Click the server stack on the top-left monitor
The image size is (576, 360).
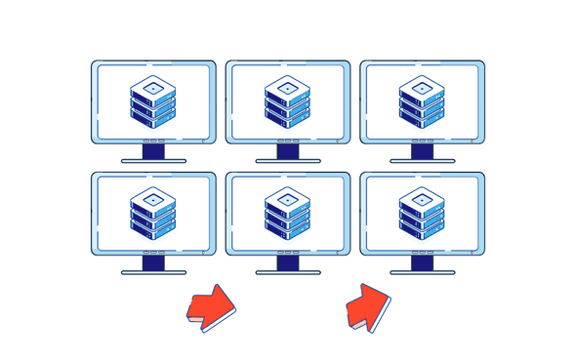coord(153,102)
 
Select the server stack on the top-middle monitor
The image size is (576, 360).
coord(287,102)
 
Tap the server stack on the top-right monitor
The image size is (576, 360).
coord(421,102)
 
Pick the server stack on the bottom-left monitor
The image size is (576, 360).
coord(153,213)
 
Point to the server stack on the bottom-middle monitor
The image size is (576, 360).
coord(287,213)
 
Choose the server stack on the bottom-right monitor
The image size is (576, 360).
coord(421,213)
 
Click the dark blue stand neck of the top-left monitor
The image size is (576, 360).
coord(153,151)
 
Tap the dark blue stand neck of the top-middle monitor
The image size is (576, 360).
coord(287,151)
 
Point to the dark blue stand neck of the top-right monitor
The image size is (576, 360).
coord(421,151)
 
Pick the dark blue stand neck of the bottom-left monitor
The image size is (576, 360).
coord(153,262)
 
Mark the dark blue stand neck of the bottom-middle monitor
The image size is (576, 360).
coord(287,262)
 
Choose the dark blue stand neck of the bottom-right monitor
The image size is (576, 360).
coord(421,262)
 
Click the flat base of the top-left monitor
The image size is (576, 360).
coord(153,161)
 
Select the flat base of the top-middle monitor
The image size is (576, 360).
coord(287,161)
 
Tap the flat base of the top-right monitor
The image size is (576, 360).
coord(421,161)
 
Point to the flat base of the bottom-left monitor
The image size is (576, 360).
coord(153,272)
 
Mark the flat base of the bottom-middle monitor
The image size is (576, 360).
coord(287,272)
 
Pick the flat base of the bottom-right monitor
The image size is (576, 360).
coord(421,272)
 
